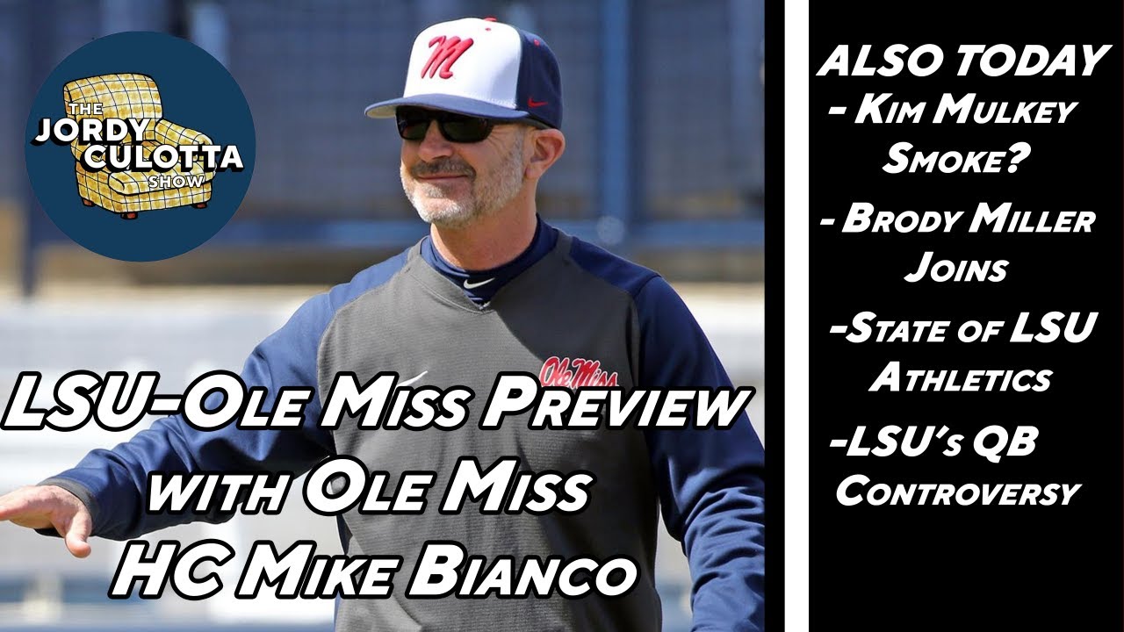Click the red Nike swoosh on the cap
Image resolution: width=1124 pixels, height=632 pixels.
tap(537, 103)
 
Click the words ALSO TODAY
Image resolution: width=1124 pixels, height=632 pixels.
tap(962, 61)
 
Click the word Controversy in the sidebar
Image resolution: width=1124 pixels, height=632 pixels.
tap(957, 491)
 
